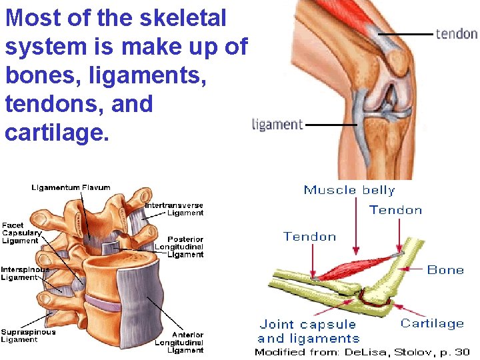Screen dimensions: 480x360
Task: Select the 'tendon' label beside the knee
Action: (456, 33)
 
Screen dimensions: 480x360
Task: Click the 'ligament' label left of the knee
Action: (277, 124)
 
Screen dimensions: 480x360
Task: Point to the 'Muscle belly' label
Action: (349, 190)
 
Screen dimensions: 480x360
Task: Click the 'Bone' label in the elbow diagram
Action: (445, 270)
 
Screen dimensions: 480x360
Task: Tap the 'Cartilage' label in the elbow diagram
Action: (432, 323)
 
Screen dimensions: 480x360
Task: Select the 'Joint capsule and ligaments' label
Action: (307, 331)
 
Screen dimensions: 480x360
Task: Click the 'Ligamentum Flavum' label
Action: (71, 187)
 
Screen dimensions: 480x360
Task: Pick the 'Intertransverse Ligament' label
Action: (175, 209)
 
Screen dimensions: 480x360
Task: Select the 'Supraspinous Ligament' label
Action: (28, 335)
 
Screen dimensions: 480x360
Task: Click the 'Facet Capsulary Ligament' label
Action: (21, 233)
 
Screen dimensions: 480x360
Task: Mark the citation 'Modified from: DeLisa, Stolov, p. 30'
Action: (362, 352)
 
